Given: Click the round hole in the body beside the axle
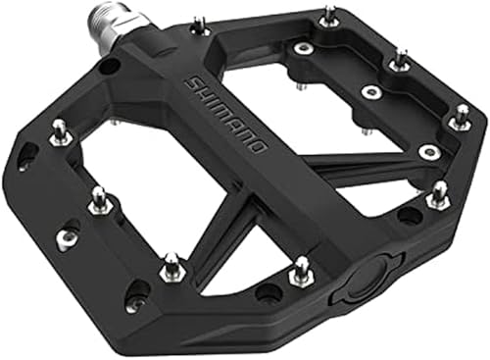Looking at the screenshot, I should pos(111,67).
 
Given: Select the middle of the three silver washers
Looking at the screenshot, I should pos(369,93).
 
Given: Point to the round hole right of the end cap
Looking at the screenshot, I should pos(409,216).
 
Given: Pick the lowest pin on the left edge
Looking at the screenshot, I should pos(171,263).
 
